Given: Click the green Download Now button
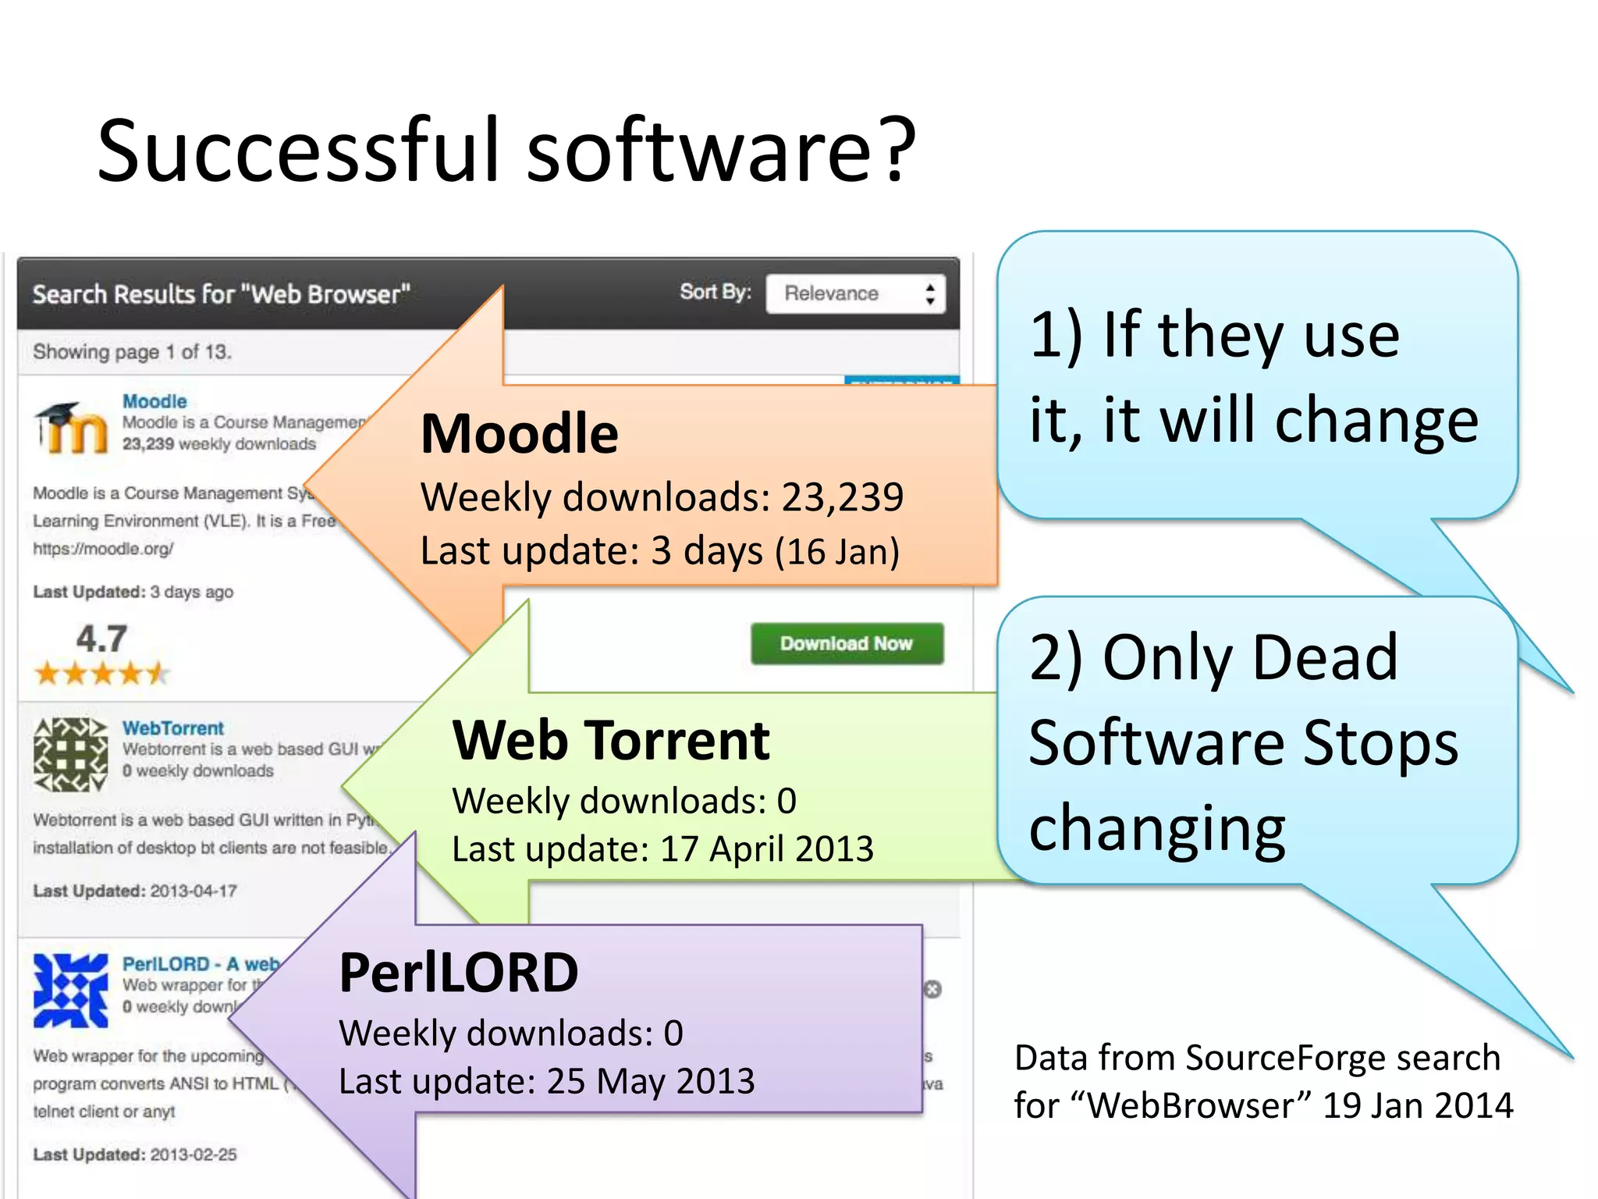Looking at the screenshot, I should [847, 644].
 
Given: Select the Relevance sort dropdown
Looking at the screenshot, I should [855, 294].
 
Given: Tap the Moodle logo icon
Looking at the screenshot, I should [71, 428].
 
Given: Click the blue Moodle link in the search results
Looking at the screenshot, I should [154, 401].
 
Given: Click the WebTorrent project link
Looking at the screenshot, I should [172, 728].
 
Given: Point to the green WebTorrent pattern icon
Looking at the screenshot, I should [70, 755].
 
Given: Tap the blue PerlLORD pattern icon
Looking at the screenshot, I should [70, 990].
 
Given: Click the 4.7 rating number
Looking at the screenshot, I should [101, 639].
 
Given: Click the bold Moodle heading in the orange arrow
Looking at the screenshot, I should [519, 434].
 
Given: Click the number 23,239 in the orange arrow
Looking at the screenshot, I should [843, 497].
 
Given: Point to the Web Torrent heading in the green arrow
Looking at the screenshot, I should [611, 740].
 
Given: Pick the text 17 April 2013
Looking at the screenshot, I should [767, 849].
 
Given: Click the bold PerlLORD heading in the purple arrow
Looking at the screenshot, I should [459, 973].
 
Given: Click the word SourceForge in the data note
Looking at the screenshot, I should [1285, 1058].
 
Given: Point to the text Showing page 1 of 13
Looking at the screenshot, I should [132, 352].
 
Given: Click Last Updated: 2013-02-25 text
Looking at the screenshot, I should [135, 1155].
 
